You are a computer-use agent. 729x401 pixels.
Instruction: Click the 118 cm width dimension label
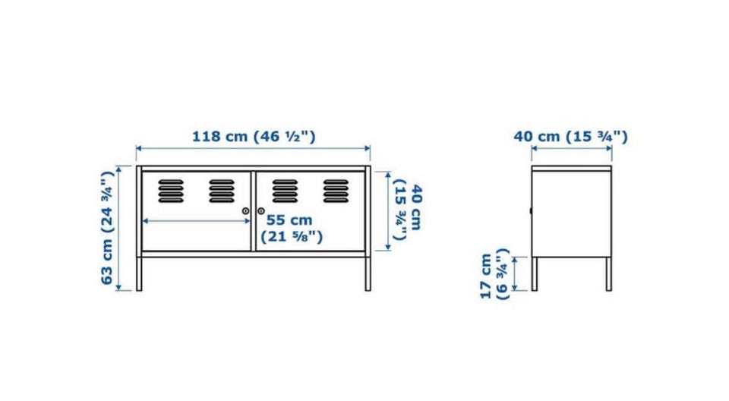coord(254,137)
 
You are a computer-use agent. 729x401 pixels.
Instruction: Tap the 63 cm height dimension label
coord(107,228)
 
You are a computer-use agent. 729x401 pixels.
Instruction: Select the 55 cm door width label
coord(292,228)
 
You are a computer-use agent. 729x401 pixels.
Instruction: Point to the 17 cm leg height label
coord(494,274)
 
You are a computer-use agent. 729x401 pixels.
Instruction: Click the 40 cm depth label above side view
coord(570,137)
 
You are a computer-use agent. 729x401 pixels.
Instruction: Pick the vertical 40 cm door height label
coord(407,210)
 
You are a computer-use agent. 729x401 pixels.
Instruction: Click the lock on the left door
coord(245,211)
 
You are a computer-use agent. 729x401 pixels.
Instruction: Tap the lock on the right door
coord(260,211)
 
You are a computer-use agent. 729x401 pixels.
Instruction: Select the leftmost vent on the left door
coord(171,191)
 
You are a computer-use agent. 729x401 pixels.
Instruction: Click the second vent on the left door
coord(222,191)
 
